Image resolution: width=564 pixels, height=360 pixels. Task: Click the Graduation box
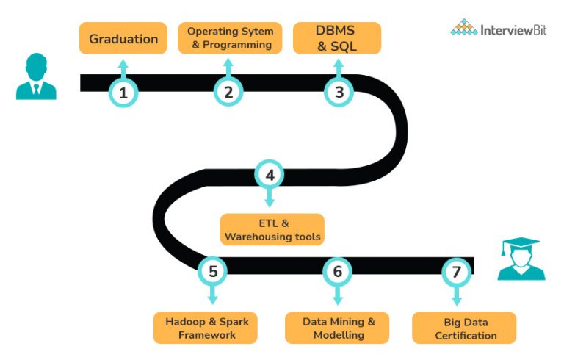(x=123, y=38)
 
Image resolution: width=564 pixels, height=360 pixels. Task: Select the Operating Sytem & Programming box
(x=230, y=38)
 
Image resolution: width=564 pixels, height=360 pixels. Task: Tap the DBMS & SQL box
(x=337, y=38)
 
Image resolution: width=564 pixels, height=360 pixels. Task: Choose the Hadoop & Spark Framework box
(x=206, y=328)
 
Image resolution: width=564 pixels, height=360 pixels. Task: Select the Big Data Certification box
(x=465, y=328)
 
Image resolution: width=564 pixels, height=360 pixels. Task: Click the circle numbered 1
(x=123, y=93)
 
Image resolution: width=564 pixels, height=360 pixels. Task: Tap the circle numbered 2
(x=228, y=93)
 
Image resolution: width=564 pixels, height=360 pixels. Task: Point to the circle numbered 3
(x=339, y=93)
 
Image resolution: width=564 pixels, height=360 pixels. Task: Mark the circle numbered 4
(x=270, y=175)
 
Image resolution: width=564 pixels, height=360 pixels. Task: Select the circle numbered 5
(x=213, y=271)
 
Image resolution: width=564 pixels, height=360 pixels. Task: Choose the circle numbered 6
(x=338, y=271)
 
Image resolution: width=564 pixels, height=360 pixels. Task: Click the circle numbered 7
(x=456, y=271)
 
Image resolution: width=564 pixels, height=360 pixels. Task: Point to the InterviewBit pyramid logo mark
(x=463, y=28)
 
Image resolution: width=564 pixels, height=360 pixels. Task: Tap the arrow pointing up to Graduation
(x=123, y=68)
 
